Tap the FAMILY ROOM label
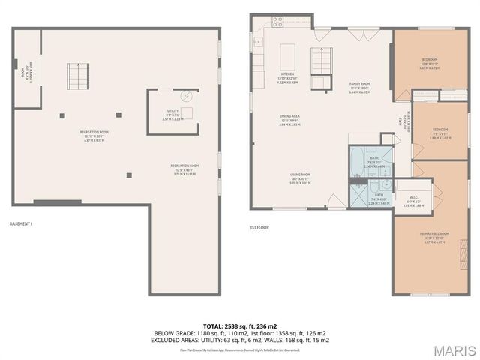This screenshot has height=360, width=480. (x=361, y=83)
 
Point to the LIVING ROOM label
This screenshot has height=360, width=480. (x=301, y=175)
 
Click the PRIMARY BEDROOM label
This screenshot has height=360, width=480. (x=434, y=234)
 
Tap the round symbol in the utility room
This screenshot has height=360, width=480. (x=188, y=95)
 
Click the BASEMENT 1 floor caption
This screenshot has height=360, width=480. (x=21, y=224)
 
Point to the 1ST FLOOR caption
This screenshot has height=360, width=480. (x=259, y=227)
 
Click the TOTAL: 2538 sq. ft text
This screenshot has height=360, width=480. (x=240, y=326)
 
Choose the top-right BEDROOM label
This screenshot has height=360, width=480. (x=430, y=59)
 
